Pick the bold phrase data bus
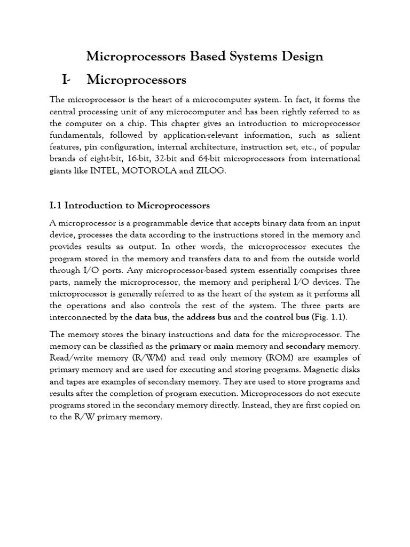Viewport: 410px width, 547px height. (x=151, y=317)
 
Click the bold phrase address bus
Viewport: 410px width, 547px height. (x=210, y=317)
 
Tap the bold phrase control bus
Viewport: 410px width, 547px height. (x=288, y=317)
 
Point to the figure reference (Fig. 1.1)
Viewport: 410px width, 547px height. (x=331, y=317)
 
